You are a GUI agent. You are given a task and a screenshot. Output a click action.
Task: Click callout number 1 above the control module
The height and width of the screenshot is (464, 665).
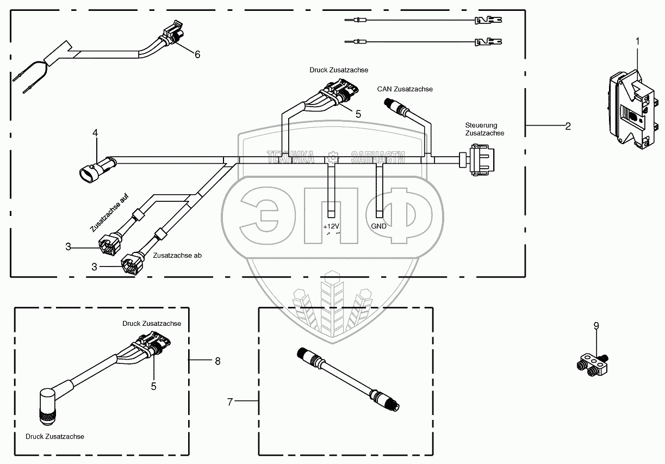pyautogui.click(x=638, y=41)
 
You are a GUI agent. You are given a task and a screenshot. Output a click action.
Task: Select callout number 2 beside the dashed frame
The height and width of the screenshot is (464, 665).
pyautogui.click(x=568, y=126)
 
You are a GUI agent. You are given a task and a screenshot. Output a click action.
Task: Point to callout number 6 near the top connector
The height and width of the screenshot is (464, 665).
pyautogui.click(x=197, y=54)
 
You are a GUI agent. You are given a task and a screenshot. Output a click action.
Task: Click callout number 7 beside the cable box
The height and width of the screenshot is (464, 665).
pyautogui.click(x=230, y=402)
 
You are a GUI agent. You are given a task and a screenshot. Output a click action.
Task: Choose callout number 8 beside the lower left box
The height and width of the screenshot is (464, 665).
pyautogui.click(x=217, y=361)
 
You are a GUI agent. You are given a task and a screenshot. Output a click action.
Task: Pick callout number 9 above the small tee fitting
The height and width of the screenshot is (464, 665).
pyautogui.click(x=596, y=326)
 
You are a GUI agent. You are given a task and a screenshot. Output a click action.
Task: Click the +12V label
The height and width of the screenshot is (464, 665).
pyautogui.click(x=332, y=226)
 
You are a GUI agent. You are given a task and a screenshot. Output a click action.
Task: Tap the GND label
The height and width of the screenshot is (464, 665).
pyautogui.click(x=379, y=226)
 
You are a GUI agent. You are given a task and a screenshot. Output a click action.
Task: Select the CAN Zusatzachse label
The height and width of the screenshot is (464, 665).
pyautogui.click(x=405, y=89)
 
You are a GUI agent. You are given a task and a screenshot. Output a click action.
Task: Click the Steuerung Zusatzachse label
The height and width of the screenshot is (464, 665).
pyautogui.click(x=484, y=129)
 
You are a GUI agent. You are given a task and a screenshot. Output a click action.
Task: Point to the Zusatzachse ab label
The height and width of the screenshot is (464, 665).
pyautogui.click(x=177, y=255)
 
